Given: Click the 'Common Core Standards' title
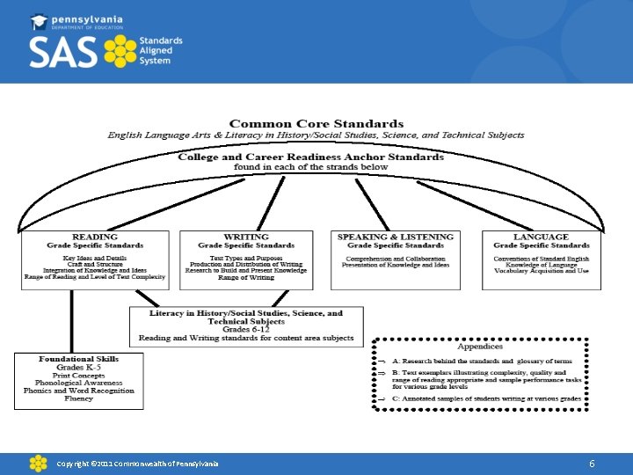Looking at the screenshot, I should point(316,124).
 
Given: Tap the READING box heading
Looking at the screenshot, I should point(95,237).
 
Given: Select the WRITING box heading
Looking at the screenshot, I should point(246,237).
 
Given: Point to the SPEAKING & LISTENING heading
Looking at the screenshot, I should point(396,237).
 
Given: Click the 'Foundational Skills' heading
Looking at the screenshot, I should point(78,359).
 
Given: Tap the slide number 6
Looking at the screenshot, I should point(593,463).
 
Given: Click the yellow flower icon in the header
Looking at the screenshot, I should point(121,53).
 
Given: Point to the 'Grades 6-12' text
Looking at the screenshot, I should point(246,330).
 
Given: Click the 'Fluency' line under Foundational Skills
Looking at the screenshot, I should point(78,398).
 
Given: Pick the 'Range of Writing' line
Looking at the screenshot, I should point(246,278).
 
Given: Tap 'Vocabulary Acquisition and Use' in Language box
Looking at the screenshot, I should point(542,271).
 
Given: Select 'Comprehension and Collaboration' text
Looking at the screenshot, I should point(396,259).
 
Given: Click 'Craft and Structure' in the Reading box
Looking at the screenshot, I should point(94,264).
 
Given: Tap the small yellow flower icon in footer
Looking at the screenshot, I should point(38,463).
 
